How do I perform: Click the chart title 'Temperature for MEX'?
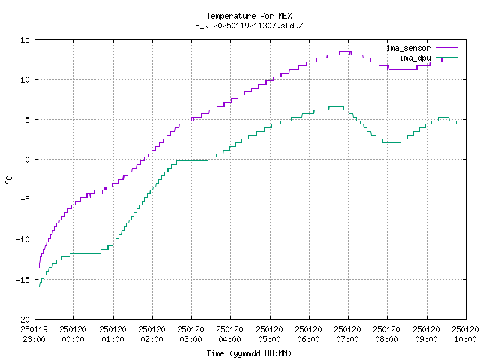pyautogui.click(x=249, y=16)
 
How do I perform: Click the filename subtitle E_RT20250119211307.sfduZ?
pyautogui.click(x=249, y=25)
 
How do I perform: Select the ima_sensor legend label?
pyautogui.click(x=408, y=48)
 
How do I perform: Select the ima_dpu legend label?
pyautogui.click(x=415, y=58)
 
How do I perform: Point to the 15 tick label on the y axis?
pyautogui.click(x=25, y=40)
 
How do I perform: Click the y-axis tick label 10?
pyautogui.click(x=25, y=79)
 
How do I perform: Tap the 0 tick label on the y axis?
pyautogui.click(x=28, y=160)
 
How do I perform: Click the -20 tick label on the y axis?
pyautogui.click(x=23, y=319)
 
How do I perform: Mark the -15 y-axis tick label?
pyautogui.click(x=23, y=280)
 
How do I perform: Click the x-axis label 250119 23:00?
pyautogui.click(x=34, y=334)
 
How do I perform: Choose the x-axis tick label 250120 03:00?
pyautogui.click(x=191, y=334)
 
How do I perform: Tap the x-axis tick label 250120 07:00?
pyautogui.click(x=348, y=334)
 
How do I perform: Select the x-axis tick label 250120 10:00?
pyautogui.click(x=465, y=334)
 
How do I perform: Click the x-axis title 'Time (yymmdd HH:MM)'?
pyautogui.click(x=249, y=353)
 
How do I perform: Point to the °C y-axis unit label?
pyautogui.click(x=8, y=179)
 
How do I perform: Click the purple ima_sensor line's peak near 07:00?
pyautogui.click(x=346, y=52)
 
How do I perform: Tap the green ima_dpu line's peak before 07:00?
pyautogui.click(x=336, y=106)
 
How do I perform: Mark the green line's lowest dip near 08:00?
pyautogui.click(x=391, y=142)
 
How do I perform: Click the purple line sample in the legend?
pyautogui.click(x=447, y=48)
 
